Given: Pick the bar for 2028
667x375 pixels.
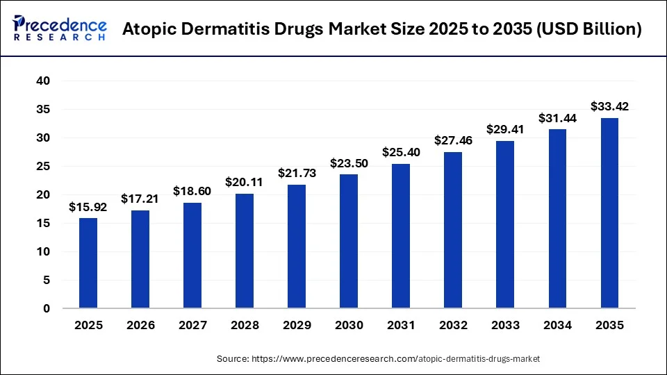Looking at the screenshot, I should coord(245,251).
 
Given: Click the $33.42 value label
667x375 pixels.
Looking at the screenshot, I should coord(609,107).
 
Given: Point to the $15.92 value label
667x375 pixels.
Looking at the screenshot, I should coord(88,207).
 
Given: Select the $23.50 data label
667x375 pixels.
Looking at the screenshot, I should coord(349,163).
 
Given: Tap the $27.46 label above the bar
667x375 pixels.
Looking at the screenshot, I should coord(453,140).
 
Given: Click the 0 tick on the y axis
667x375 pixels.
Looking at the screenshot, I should coord(46,308).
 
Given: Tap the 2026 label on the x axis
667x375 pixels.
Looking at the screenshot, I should coord(140,325).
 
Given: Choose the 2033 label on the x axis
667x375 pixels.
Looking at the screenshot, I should coord(505,325).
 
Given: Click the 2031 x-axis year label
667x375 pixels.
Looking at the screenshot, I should coord(401,325).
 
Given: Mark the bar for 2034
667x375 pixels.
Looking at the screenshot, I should coord(557,218).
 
